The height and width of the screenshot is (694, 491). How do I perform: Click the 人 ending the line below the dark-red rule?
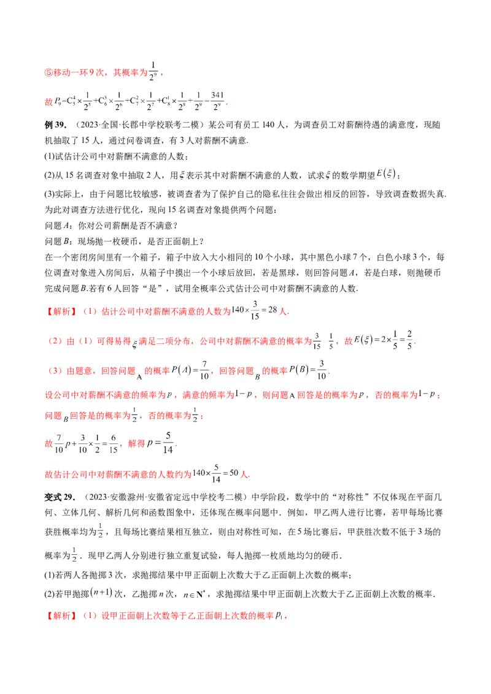point(246,475)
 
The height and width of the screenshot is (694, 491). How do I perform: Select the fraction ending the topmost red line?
point(155,72)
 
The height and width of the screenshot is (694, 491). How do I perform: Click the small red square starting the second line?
point(46,103)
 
